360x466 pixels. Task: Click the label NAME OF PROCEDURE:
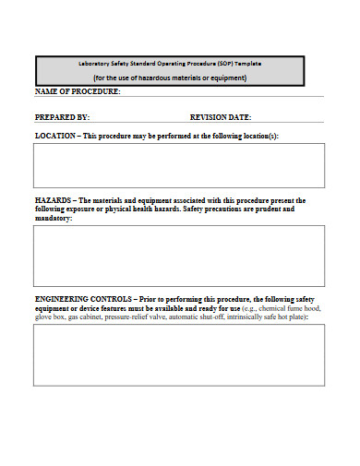point(78,91)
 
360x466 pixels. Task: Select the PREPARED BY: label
point(62,117)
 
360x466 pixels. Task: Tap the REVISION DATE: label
point(221,117)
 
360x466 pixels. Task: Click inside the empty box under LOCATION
point(179,165)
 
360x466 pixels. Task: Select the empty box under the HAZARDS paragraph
point(179,256)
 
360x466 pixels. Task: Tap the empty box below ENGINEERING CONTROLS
point(179,355)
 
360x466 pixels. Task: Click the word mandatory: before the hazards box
point(54,219)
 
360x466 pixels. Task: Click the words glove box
point(49,317)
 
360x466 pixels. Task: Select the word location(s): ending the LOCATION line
point(259,136)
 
